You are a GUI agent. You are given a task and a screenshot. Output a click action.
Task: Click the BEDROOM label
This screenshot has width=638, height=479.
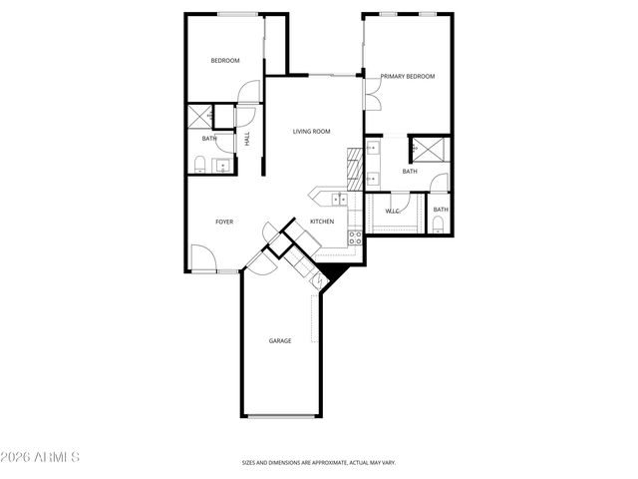(x=225, y=61)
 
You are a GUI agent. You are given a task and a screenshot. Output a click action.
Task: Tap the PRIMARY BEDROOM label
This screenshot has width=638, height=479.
(x=408, y=76)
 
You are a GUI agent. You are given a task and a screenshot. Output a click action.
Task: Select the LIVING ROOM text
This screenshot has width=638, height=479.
(x=311, y=131)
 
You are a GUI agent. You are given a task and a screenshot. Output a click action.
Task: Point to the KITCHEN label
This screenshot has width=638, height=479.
(x=321, y=221)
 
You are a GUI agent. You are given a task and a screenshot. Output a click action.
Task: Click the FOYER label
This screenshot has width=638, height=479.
(x=224, y=222)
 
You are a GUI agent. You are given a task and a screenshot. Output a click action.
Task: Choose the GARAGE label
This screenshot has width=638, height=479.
(x=280, y=341)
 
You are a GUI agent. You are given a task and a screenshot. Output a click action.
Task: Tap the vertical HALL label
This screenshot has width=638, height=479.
(x=247, y=141)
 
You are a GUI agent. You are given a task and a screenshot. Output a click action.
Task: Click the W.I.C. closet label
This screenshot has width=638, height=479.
(x=392, y=211)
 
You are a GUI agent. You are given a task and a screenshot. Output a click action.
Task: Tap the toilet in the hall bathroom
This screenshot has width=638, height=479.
(x=199, y=165)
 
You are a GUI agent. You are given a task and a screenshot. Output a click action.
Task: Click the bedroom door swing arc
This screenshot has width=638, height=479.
(x=248, y=91)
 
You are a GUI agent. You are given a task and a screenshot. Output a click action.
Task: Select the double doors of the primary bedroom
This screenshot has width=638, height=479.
(x=370, y=96)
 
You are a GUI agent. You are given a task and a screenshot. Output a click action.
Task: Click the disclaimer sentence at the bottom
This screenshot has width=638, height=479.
(x=318, y=463)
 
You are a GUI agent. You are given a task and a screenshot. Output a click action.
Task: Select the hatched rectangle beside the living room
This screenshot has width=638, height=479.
(x=352, y=169)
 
